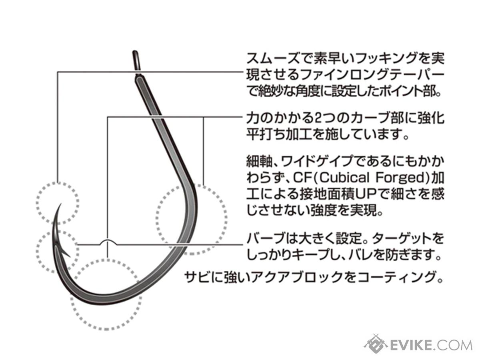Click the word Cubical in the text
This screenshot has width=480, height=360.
pos(345,178)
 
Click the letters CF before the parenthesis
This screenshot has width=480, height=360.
pos(303,178)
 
